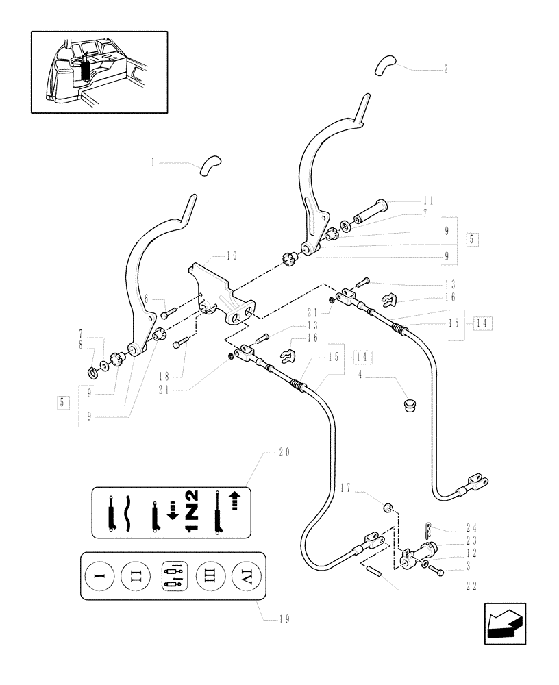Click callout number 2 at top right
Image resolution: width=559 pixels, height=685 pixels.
coord(446,70)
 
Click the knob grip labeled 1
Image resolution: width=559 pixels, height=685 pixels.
coord(211,165)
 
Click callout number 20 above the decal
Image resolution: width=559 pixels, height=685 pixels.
coord(284,453)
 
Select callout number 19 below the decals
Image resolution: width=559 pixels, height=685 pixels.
coord(284,620)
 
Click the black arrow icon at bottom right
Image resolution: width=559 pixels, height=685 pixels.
coord(505,623)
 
